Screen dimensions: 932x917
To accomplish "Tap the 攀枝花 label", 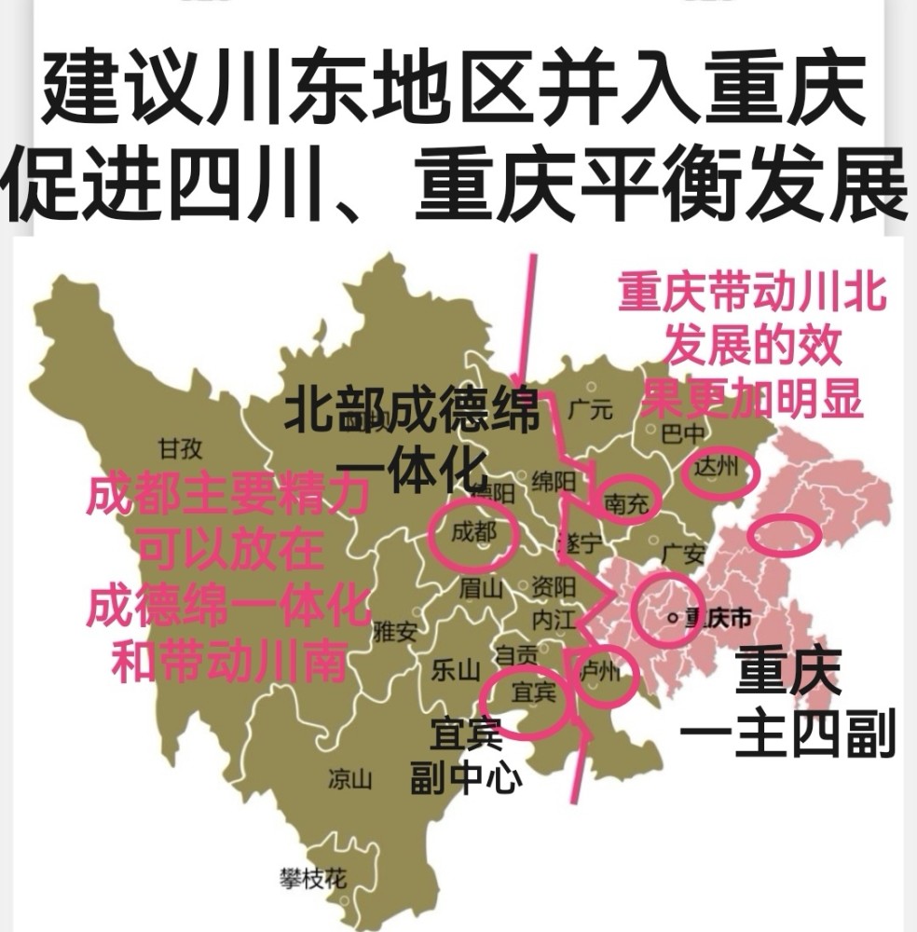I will tap(313, 877).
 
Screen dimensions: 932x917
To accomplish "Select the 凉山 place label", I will tap(350, 779).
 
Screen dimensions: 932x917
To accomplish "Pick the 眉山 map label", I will tap(481, 588).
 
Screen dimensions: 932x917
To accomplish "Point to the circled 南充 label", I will tap(628, 503).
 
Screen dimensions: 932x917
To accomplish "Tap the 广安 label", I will tap(682, 555).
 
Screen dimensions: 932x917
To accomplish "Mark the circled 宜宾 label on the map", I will tap(534, 692).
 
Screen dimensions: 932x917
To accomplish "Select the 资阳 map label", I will tap(554, 588).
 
